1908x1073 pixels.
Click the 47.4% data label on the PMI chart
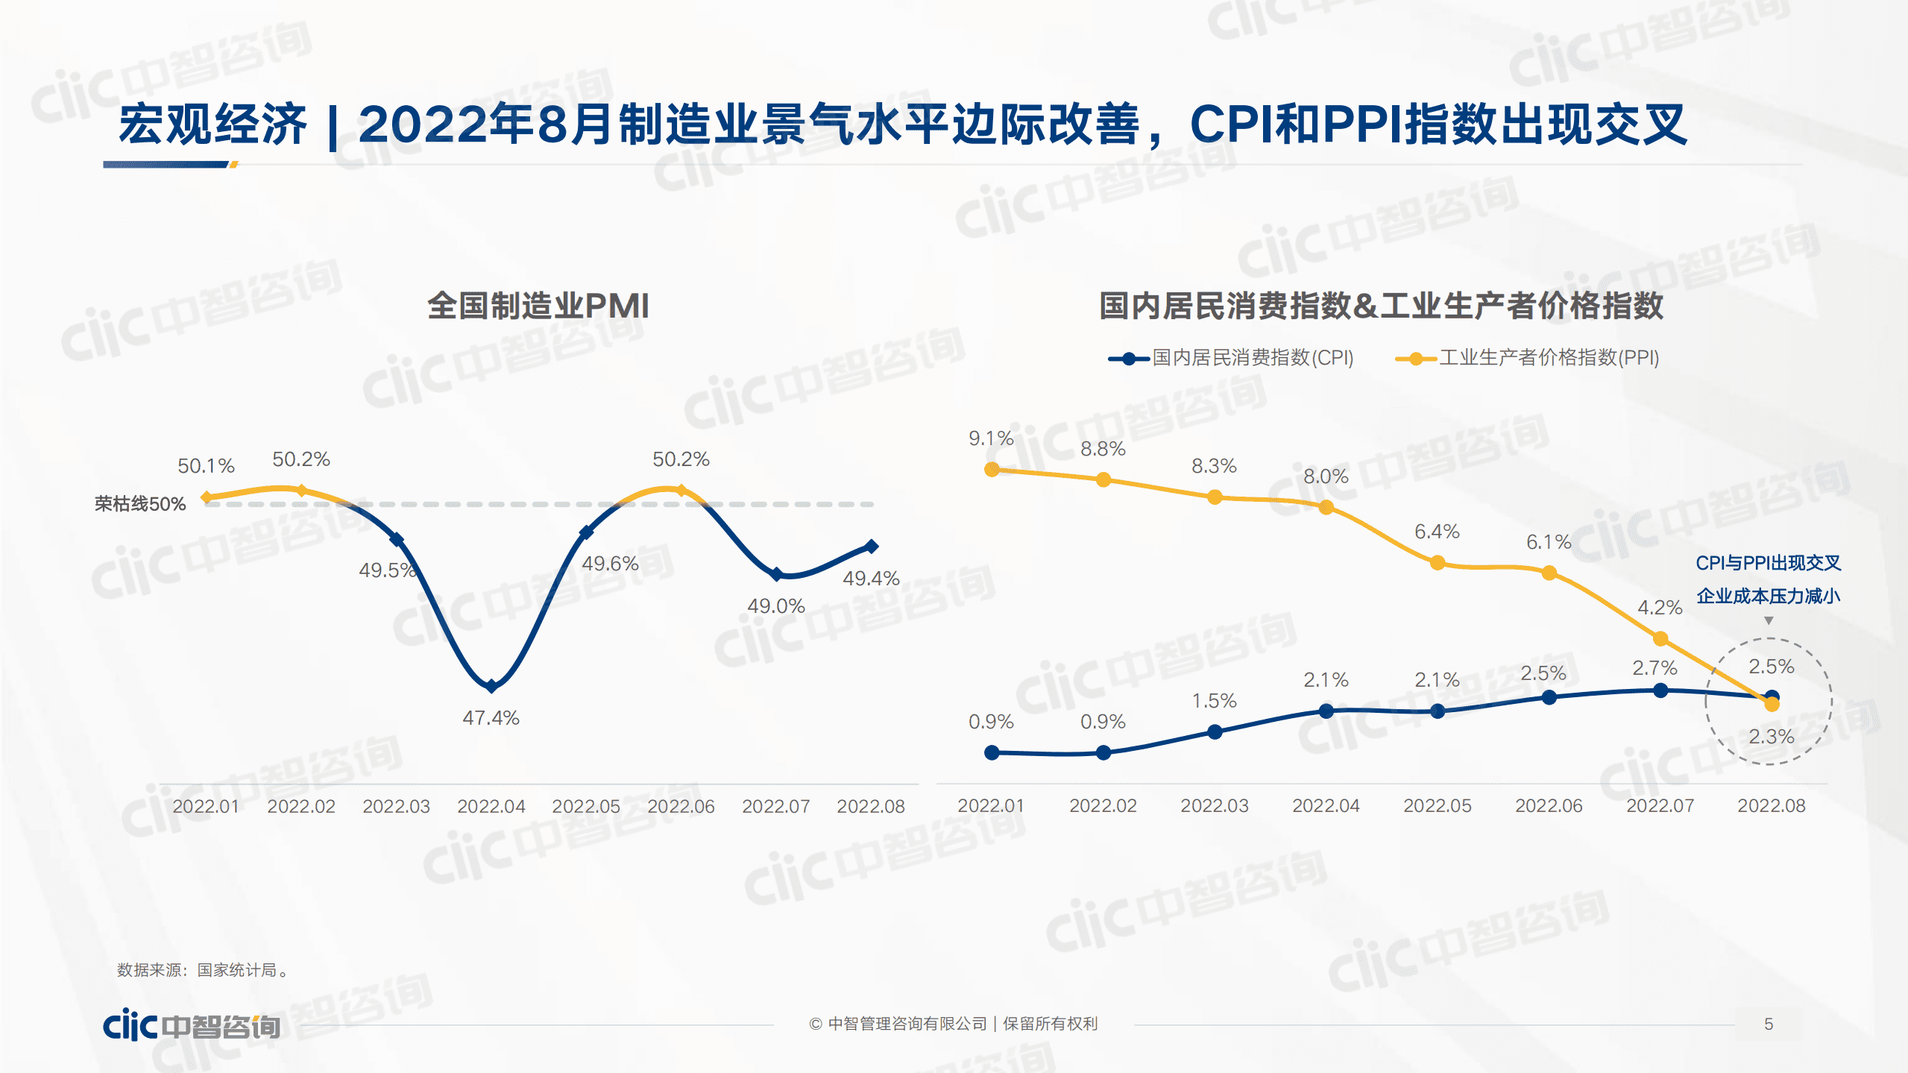491,718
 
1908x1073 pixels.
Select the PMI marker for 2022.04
491,686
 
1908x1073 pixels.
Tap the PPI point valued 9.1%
992,469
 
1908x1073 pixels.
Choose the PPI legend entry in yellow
1528,358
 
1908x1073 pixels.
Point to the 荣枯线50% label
140,504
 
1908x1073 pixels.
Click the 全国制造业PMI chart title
538,306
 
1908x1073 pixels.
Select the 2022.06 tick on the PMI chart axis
681,806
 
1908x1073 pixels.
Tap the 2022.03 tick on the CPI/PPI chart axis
1214,805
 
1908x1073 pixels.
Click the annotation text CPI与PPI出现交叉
1768,563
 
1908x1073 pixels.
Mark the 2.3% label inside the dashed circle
1771,737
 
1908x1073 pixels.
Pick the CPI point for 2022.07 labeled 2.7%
1660,690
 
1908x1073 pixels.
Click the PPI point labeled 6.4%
1438,563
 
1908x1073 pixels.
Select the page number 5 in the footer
1768,1024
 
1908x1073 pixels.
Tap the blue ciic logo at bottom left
191,1025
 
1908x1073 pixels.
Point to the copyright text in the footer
954,1024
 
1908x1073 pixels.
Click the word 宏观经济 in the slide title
212,125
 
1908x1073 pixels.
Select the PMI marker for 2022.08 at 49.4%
871,547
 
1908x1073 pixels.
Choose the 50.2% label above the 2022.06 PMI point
681,459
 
